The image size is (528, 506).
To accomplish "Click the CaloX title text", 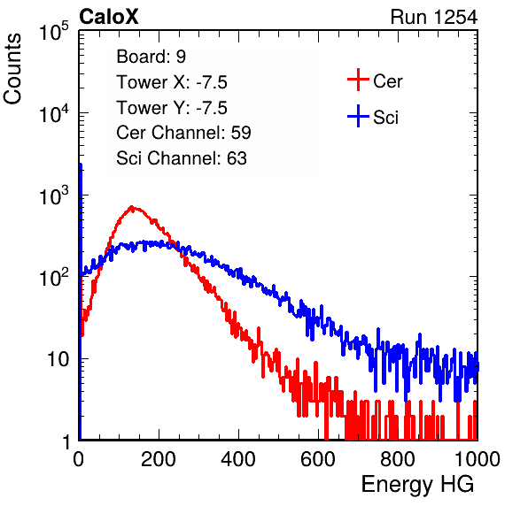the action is point(108,17).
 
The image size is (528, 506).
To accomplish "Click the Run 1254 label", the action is point(434,17).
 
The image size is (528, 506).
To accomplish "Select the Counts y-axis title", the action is point(12,69).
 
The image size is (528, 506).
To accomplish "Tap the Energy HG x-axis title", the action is point(417,484).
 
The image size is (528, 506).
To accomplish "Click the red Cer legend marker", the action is point(358,80).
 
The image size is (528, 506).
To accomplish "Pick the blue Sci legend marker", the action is point(358,117).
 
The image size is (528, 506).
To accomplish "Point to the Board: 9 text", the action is point(151,57).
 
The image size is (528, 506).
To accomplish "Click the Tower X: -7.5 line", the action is point(172,82).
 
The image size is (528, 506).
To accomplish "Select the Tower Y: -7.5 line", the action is point(172,108).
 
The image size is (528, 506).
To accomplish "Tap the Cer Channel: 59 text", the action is point(183,133).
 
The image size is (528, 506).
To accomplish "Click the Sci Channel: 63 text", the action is point(182,158).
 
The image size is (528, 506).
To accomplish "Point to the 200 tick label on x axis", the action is point(159,459).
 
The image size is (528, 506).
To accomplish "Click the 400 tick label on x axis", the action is point(238,459).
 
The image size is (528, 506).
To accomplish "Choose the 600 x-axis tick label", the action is point(318,459).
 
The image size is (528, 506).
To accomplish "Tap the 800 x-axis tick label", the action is point(398,459).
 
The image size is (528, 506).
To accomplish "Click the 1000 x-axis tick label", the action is point(478,459).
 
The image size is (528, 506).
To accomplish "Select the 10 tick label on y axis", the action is point(58,359).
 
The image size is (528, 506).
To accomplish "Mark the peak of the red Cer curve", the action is point(132,207).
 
